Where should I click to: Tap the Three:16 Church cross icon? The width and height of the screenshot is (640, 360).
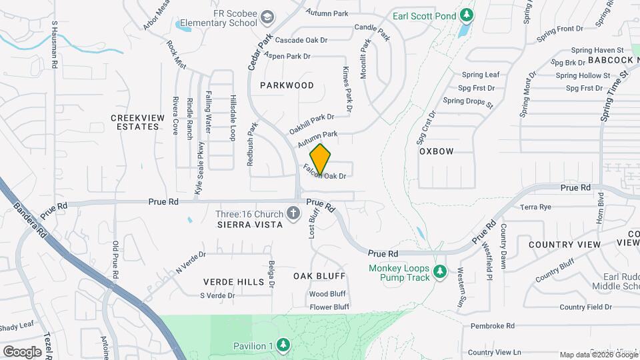tap(292, 214)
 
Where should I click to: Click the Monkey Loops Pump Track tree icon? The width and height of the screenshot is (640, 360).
tap(439, 271)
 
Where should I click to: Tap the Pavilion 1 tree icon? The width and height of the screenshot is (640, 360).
tap(284, 345)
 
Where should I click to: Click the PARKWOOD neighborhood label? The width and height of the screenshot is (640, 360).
tap(287, 85)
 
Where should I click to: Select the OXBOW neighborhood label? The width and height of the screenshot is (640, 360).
tap(437, 151)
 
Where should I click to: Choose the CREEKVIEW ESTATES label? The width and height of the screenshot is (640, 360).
tap(137, 122)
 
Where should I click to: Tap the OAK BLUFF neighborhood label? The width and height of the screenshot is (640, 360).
tap(319, 275)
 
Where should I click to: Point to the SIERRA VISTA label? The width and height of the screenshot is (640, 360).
tap(250, 225)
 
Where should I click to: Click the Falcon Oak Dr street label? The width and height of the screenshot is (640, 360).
tap(325, 173)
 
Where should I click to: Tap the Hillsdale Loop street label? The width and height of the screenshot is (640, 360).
tap(233, 117)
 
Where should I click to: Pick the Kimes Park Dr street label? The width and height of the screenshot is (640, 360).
tap(347, 89)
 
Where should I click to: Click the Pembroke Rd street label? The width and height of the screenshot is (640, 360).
tap(492, 326)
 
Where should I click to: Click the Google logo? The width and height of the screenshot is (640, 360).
tap(22, 351)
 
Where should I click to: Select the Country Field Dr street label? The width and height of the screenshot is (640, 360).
tap(585, 307)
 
